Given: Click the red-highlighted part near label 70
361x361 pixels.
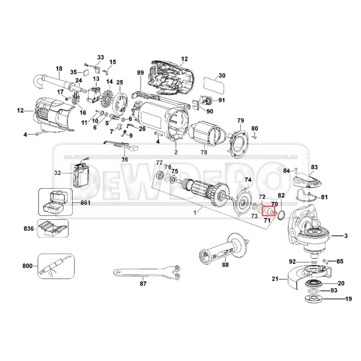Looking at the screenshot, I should pyautogui.click(x=269, y=211).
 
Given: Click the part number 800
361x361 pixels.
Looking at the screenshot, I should pyautogui.click(x=27, y=266).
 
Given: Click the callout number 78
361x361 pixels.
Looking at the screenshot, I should pyautogui.click(x=204, y=153).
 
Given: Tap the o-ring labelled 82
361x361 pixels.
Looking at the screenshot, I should pyautogui.click(x=280, y=215).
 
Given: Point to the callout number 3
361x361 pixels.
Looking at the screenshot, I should pyautogui.click(x=346, y=236).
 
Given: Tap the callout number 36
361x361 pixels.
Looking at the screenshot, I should pyautogui.click(x=125, y=159).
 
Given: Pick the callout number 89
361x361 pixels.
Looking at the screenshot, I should pyautogui.click(x=140, y=73).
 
